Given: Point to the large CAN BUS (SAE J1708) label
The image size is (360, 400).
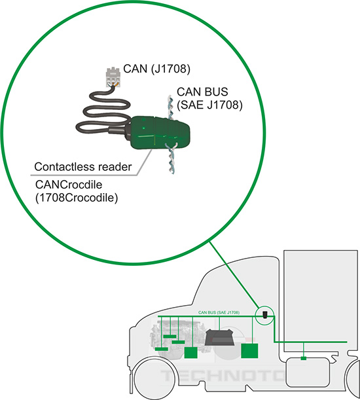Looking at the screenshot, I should (208, 98).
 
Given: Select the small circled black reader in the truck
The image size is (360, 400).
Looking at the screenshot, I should (265, 315).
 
